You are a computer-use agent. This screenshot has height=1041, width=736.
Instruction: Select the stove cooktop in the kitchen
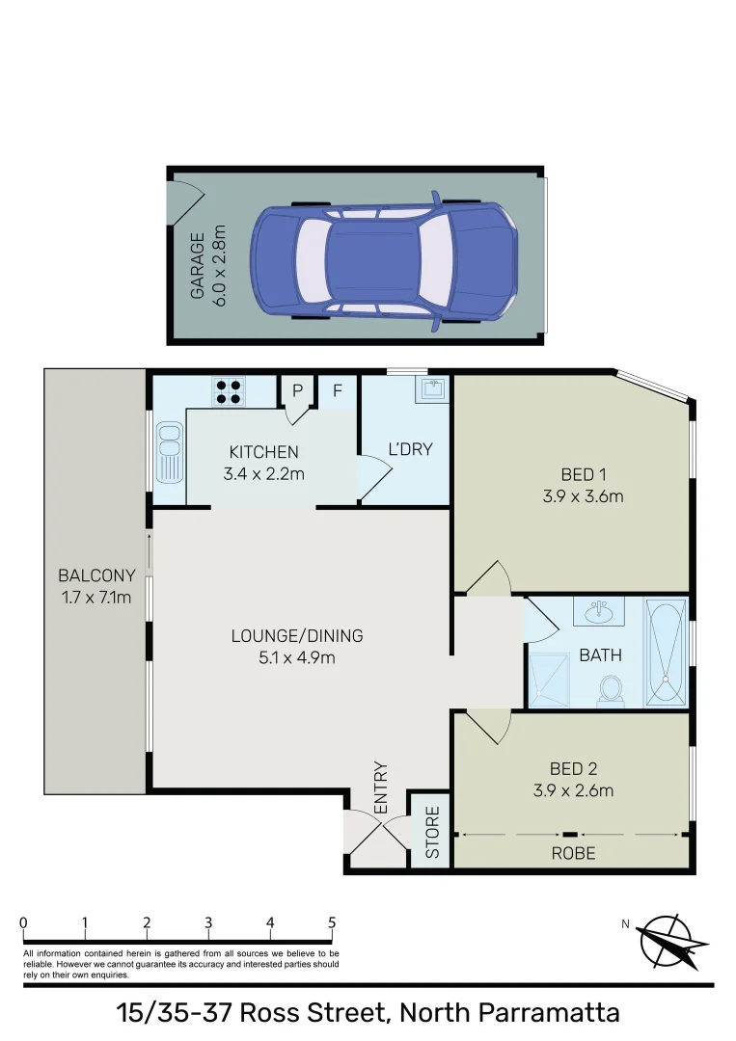(229, 390)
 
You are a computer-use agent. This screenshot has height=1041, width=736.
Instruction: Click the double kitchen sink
(169, 453)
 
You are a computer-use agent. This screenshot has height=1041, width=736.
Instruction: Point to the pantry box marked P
(298, 390)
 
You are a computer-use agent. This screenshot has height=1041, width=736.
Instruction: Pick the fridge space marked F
(338, 390)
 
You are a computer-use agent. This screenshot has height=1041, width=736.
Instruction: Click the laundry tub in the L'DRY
(432, 389)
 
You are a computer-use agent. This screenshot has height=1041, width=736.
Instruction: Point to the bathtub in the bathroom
(666, 653)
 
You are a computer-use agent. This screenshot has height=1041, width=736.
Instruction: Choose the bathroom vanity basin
(599, 611)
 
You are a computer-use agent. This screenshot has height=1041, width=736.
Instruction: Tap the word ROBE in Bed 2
(573, 853)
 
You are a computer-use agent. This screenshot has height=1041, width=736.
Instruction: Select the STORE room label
(432, 832)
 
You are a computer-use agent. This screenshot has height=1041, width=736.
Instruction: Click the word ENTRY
(380, 787)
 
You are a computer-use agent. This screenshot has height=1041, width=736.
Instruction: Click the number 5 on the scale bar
(332, 922)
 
